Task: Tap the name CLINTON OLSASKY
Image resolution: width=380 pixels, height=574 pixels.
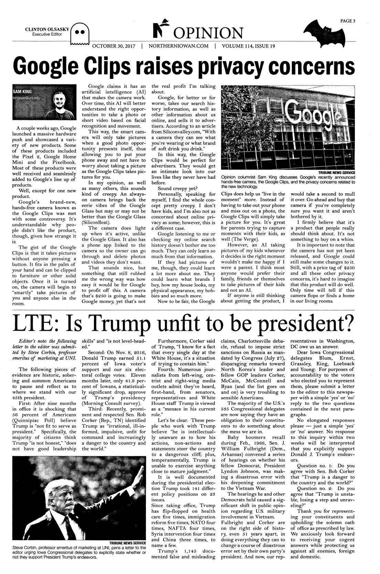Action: tap(47, 30)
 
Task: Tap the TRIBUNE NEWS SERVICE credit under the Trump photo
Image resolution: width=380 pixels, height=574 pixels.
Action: tap(128, 543)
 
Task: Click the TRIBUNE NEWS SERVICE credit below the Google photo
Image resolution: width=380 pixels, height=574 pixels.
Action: tap(336, 172)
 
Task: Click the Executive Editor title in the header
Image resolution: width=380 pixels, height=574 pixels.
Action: tap(47, 34)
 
